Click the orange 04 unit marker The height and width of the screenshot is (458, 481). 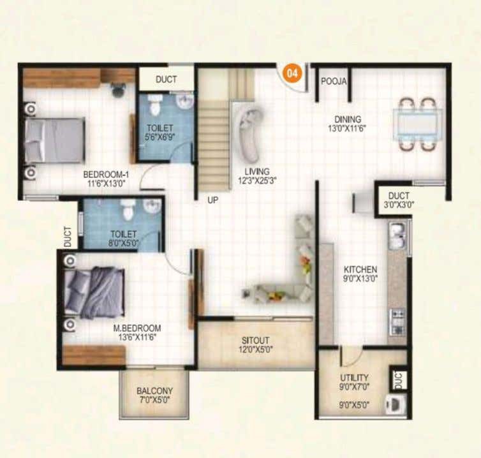coord(292,73)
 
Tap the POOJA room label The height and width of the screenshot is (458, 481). coord(334,81)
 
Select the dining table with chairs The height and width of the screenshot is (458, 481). coord(418,124)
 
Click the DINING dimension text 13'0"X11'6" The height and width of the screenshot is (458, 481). coord(347,128)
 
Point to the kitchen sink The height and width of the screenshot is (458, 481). coord(397,235)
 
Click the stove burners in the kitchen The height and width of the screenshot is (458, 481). coord(397,322)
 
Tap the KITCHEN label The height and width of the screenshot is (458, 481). coord(360,269)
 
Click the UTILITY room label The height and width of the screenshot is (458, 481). coord(354,377)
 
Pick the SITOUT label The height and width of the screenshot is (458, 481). coord(255,340)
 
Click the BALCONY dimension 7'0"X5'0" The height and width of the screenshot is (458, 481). coord(154,400)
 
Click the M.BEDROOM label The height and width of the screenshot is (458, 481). coord(137,328)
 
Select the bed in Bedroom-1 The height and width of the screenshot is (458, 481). coord(55,140)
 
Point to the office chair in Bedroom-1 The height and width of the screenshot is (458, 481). coord(118,89)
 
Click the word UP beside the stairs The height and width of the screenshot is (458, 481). coord(213,200)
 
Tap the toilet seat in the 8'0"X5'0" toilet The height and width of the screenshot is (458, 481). coord(126,209)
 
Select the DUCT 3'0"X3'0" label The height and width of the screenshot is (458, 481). coord(399,200)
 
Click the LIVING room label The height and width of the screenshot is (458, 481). coord(257,172)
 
